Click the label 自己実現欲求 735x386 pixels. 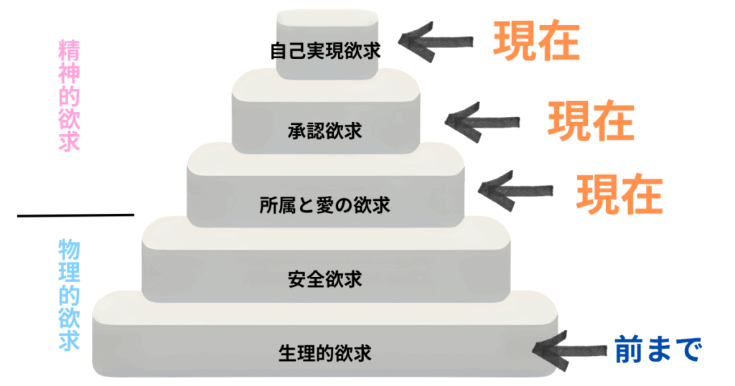pos(325,52)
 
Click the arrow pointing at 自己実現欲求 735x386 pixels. pos(438,39)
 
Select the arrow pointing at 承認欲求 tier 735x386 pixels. pos(481,120)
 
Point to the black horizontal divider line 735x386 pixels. pos(75,215)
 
